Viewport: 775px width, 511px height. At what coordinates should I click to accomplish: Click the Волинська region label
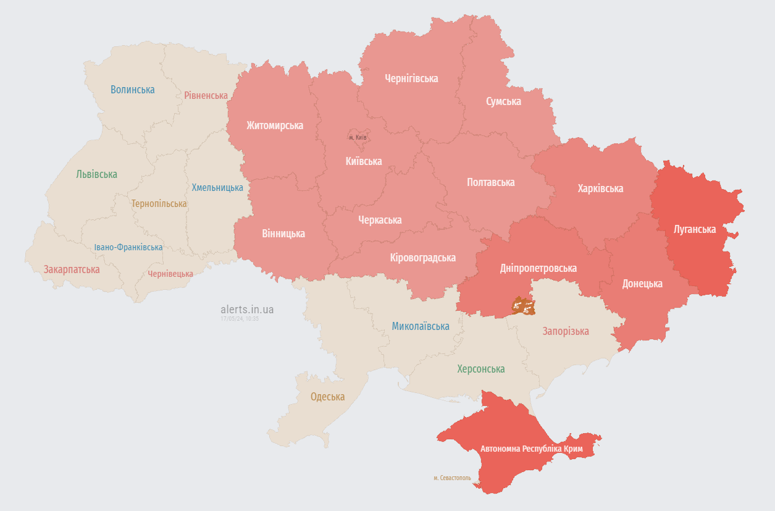pyautogui.click(x=133, y=90)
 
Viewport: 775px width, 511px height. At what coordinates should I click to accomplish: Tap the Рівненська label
pyautogui.click(x=206, y=96)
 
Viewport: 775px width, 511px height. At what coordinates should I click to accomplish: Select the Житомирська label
pyautogui.click(x=275, y=125)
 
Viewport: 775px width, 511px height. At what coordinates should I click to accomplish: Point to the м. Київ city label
pyautogui.click(x=358, y=137)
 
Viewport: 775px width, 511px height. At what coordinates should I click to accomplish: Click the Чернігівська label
pyautogui.click(x=411, y=78)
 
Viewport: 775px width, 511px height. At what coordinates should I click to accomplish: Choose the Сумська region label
pyautogui.click(x=503, y=101)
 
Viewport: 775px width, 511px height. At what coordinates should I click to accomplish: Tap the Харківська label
pyautogui.click(x=600, y=188)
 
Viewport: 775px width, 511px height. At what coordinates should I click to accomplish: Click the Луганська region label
pyautogui.click(x=695, y=229)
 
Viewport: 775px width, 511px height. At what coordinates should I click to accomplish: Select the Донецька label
pyautogui.click(x=642, y=284)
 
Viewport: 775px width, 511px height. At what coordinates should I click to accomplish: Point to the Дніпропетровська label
pyautogui.click(x=538, y=268)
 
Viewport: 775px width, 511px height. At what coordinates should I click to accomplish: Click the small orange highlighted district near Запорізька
pyautogui.click(x=523, y=306)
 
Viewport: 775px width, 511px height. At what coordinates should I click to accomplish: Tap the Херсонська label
pyautogui.click(x=481, y=369)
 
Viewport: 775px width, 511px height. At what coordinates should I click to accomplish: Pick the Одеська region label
pyautogui.click(x=327, y=397)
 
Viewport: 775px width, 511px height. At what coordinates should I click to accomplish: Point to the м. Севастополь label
pyautogui.click(x=452, y=478)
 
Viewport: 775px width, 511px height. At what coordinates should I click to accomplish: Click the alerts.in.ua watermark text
pyautogui.click(x=247, y=310)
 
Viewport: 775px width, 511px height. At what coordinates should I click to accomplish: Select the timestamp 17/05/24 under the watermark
pyautogui.click(x=240, y=319)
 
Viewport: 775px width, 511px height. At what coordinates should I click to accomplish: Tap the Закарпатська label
pyautogui.click(x=72, y=269)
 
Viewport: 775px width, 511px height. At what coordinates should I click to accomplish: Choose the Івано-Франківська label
pyautogui.click(x=128, y=247)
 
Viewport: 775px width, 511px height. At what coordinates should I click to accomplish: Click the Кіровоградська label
pyautogui.click(x=423, y=258)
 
